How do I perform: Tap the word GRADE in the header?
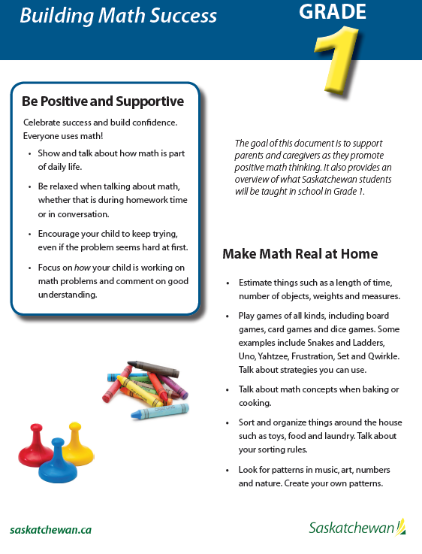[333, 12]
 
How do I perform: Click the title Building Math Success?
[118, 16]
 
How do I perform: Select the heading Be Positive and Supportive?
[103, 101]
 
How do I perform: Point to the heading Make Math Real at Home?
[300, 254]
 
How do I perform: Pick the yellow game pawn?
[77, 444]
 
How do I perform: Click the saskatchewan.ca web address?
[51, 529]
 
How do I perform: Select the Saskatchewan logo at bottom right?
[356, 528]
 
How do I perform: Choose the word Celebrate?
[44, 122]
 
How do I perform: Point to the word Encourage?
[64, 234]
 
